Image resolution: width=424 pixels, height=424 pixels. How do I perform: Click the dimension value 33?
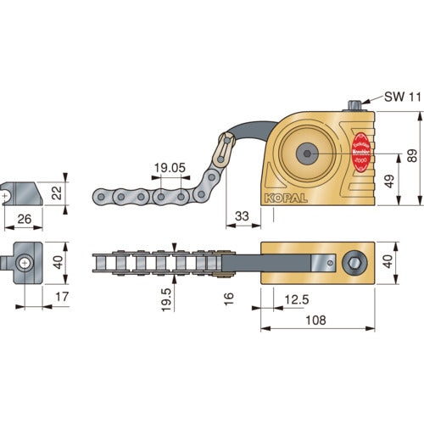click(243, 217)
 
